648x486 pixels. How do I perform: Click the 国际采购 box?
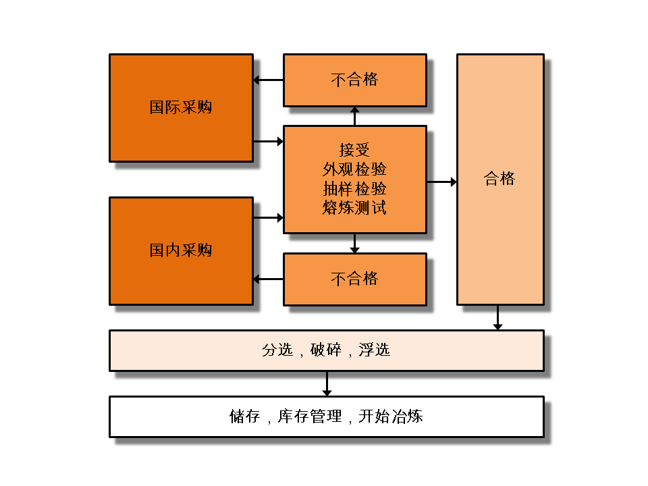pos(181,108)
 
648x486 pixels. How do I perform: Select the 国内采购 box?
pos(181,251)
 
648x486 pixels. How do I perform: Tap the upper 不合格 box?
pos(354,80)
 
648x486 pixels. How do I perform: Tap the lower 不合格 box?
pos(354,279)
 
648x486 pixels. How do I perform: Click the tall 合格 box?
pos(500,180)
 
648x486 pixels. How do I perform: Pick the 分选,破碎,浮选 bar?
pos(326,350)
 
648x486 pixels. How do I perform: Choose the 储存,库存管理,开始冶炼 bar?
pos(326,416)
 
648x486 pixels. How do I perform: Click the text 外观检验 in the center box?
pos(354,169)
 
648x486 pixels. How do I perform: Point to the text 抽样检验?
pos(354,188)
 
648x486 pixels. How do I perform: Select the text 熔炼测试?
pos(354,207)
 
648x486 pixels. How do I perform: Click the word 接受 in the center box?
pos(354,149)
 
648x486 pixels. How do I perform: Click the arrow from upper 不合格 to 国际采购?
pos(268,80)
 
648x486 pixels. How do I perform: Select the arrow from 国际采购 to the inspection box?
pos(268,142)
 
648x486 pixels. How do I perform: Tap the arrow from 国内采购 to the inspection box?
pos(268,218)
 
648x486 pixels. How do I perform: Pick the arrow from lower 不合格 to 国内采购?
pos(268,279)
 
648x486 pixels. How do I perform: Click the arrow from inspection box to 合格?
pos(441,182)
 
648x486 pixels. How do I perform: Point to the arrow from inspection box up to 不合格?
pos(355,116)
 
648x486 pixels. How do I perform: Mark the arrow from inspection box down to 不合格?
pos(355,244)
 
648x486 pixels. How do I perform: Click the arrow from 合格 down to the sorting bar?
pos(498,318)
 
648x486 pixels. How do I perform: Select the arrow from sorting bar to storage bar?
pos(327,383)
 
